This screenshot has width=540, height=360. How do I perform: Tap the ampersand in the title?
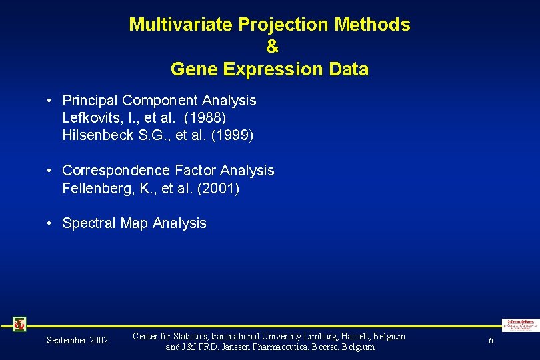point(271,47)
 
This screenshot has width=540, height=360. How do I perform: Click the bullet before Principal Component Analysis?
point(50,101)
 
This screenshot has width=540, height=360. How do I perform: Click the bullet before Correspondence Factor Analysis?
point(50,171)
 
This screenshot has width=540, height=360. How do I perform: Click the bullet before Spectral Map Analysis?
point(50,223)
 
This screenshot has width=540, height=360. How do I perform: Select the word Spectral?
point(89,223)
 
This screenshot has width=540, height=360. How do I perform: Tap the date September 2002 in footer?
point(77,341)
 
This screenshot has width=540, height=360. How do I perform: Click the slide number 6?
point(491,341)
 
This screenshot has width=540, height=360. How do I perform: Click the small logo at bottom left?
point(19,324)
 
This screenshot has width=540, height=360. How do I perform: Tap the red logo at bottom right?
point(520,325)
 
